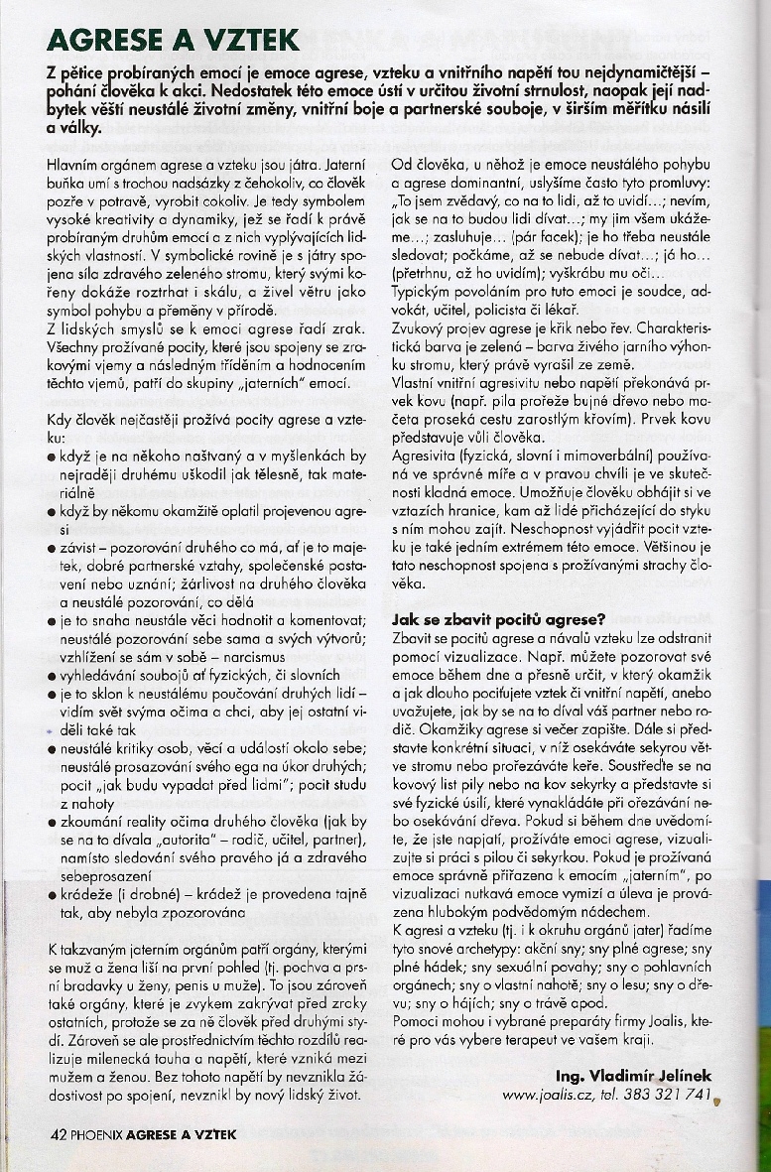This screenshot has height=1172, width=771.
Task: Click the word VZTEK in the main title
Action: (242, 41)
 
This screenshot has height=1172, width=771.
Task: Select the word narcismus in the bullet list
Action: (249, 656)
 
